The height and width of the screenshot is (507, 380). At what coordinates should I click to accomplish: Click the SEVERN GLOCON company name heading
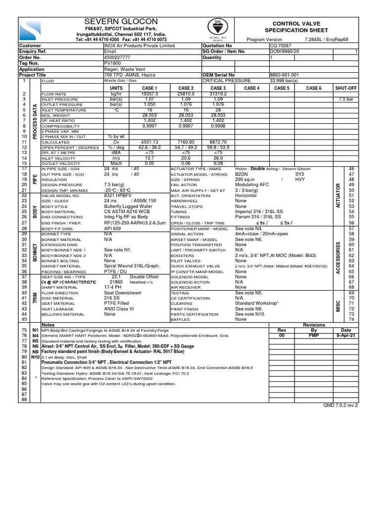point(121,22)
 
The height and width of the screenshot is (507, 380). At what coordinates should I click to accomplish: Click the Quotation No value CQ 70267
point(280,45)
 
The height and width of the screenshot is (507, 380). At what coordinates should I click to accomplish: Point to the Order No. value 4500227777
point(119,57)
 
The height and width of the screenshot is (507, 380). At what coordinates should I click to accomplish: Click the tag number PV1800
point(111,63)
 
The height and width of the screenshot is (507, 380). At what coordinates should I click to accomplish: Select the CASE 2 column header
point(185,87)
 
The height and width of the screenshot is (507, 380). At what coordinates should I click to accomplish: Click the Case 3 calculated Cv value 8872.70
point(218,141)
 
